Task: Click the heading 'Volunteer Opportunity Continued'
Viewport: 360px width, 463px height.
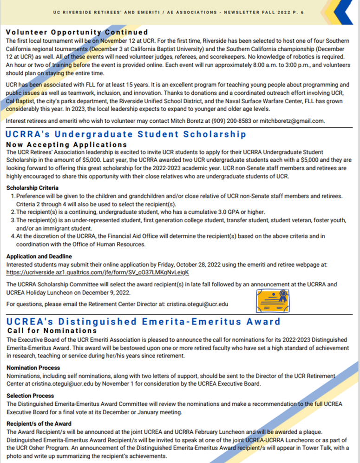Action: pyautogui.click(x=77, y=33)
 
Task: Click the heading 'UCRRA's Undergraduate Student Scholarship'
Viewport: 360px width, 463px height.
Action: pyautogui.click(x=126, y=135)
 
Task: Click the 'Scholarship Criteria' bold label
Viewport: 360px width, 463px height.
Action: pyautogui.click(x=33, y=188)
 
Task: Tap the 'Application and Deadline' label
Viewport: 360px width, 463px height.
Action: pyautogui.click(x=39, y=256)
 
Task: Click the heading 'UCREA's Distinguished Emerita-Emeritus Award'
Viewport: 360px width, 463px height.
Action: pyautogui.click(x=144, y=321)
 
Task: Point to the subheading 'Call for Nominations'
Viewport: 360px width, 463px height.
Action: pyautogui.click(x=52, y=331)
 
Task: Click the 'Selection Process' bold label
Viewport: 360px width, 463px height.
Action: pyautogui.click(x=30, y=396)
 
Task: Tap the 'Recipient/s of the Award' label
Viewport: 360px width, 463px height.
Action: pyautogui.click(x=39, y=423)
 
